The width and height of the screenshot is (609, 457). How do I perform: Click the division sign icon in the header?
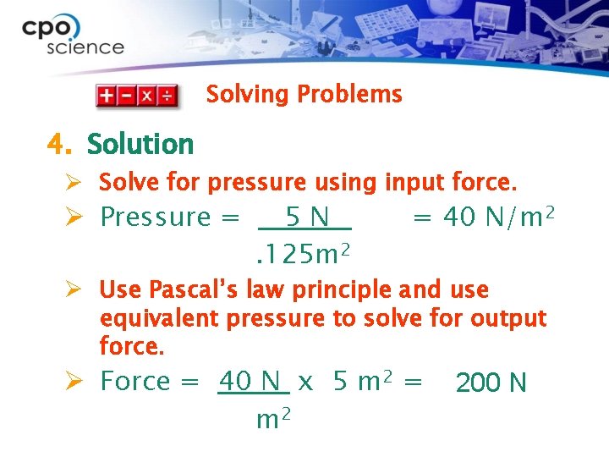[x=168, y=95]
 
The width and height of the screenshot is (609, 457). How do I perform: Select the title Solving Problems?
[x=304, y=94]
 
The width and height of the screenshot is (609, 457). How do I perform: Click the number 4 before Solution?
[x=57, y=144]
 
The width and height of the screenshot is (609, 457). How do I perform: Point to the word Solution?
[x=140, y=144]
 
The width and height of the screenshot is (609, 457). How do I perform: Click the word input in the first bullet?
[x=414, y=182]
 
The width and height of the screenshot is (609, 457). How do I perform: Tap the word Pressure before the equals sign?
[x=155, y=217]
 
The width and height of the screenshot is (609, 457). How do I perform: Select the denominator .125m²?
[x=303, y=251]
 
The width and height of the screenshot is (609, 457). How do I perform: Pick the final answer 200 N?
[x=491, y=383]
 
